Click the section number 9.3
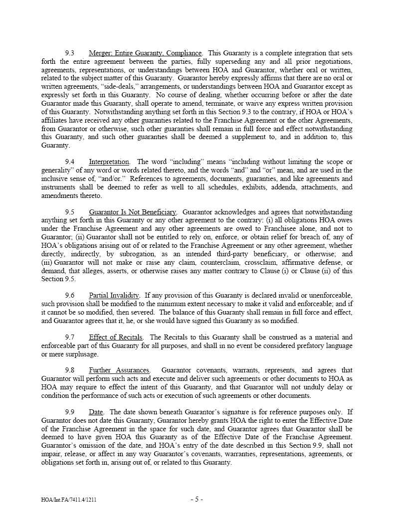(70, 53)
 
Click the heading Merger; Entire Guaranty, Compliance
(145, 53)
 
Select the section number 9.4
(70, 162)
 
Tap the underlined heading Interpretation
(109, 162)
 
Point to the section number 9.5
(70, 212)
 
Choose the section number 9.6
(70, 295)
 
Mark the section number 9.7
(70, 337)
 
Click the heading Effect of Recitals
(116, 337)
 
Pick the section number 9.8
(70, 370)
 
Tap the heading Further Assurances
(119, 370)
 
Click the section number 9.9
(70, 412)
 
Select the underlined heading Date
(96, 412)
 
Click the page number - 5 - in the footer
(197, 499)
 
